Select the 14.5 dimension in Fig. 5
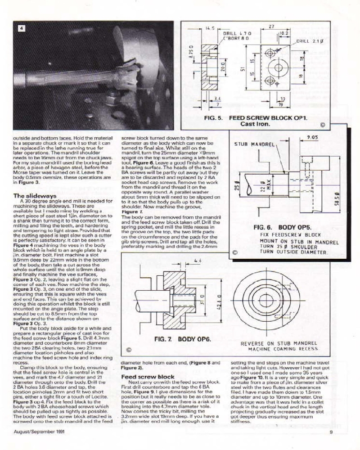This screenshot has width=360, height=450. [x=210, y=28]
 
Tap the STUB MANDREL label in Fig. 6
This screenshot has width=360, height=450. [x=254, y=144]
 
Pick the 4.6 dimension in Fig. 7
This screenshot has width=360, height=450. [x=196, y=261]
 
